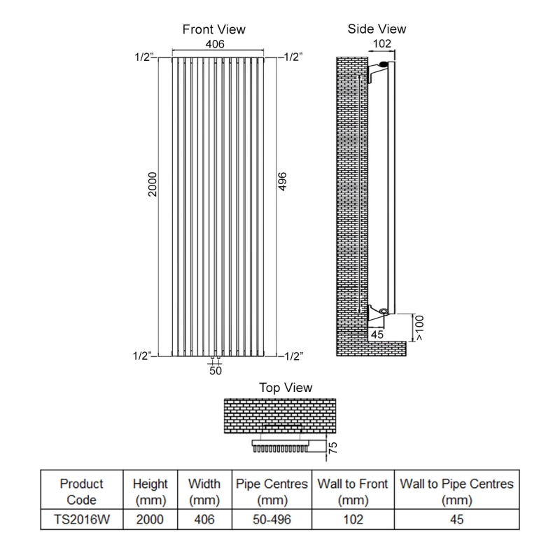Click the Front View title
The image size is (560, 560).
pos(213,29)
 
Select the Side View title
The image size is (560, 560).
pos(377,29)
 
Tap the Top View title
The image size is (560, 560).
pos(286,387)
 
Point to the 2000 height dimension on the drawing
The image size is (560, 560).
pos(153,184)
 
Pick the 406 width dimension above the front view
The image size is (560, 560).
pos(214,44)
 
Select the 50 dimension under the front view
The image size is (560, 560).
pos(216,371)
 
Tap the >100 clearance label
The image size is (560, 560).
pos(419,326)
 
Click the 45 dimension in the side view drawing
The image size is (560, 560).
pos(376,335)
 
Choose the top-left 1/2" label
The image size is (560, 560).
pos(143,57)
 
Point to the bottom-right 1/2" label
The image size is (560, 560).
pos(293,356)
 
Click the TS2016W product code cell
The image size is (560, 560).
pos(81,519)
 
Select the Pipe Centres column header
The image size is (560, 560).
pos(272,491)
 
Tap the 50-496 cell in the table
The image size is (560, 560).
pos(272,519)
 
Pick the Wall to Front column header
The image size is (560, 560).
pos(353,491)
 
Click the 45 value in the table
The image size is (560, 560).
pos(456,519)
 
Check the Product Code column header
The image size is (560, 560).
pos(81,491)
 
